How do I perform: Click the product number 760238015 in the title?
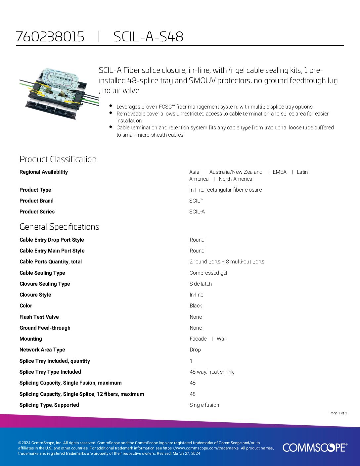(x=50, y=37)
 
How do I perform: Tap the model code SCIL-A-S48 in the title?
(x=148, y=37)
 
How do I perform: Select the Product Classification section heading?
(x=58, y=159)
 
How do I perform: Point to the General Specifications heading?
(x=59, y=227)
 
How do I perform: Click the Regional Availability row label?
(x=44, y=172)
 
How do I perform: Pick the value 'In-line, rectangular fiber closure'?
(x=225, y=190)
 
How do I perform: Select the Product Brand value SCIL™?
(x=196, y=201)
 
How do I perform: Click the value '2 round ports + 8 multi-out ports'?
(x=227, y=262)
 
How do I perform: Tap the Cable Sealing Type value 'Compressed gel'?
(x=208, y=273)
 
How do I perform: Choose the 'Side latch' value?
(x=201, y=284)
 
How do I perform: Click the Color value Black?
(x=196, y=306)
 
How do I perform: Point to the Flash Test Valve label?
(x=39, y=317)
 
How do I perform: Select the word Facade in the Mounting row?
(x=198, y=339)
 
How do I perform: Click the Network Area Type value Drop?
(x=195, y=350)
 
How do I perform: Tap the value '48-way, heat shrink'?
(x=211, y=372)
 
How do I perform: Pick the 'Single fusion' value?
(x=204, y=405)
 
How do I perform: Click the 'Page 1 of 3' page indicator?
(x=338, y=413)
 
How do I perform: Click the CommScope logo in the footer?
(x=315, y=447)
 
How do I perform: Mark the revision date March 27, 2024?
(x=186, y=453)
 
